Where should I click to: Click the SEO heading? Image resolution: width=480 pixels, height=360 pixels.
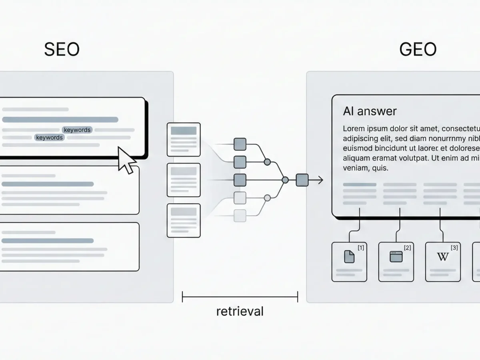[x=62, y=50]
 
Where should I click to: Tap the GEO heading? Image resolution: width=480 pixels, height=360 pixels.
[x=418, y=50]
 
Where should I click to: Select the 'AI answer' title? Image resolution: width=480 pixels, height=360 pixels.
[x=370, y=111]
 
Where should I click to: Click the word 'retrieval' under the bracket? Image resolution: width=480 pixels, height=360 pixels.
[x=240, y=311]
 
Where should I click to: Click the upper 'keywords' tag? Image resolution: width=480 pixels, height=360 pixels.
[x=77, y=130]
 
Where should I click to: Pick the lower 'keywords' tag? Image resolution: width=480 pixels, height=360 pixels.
[x=49, y=138]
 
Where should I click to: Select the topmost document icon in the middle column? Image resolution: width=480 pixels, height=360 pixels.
[x=184, y=140]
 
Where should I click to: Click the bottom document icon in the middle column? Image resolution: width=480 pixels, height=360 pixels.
[x=184, y=220]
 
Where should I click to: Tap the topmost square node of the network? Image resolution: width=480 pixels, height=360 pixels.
[x=240, y=144]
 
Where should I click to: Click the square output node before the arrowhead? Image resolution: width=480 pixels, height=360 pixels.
[x=302, y=180]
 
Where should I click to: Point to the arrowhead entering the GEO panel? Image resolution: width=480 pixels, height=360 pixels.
[x=320, y=180]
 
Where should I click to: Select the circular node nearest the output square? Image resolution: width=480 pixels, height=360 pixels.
[x=285, y=180]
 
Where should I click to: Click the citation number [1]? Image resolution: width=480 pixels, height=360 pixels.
[x=360, y=248]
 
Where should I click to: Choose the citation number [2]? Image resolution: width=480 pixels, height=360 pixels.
[x=407, y=248]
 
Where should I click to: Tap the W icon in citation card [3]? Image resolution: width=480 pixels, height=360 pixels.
[x=443, y=257]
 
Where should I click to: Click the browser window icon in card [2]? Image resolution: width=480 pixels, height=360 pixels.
[x=396, y=257]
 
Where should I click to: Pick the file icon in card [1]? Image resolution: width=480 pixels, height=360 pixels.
[x=349, y=257]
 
